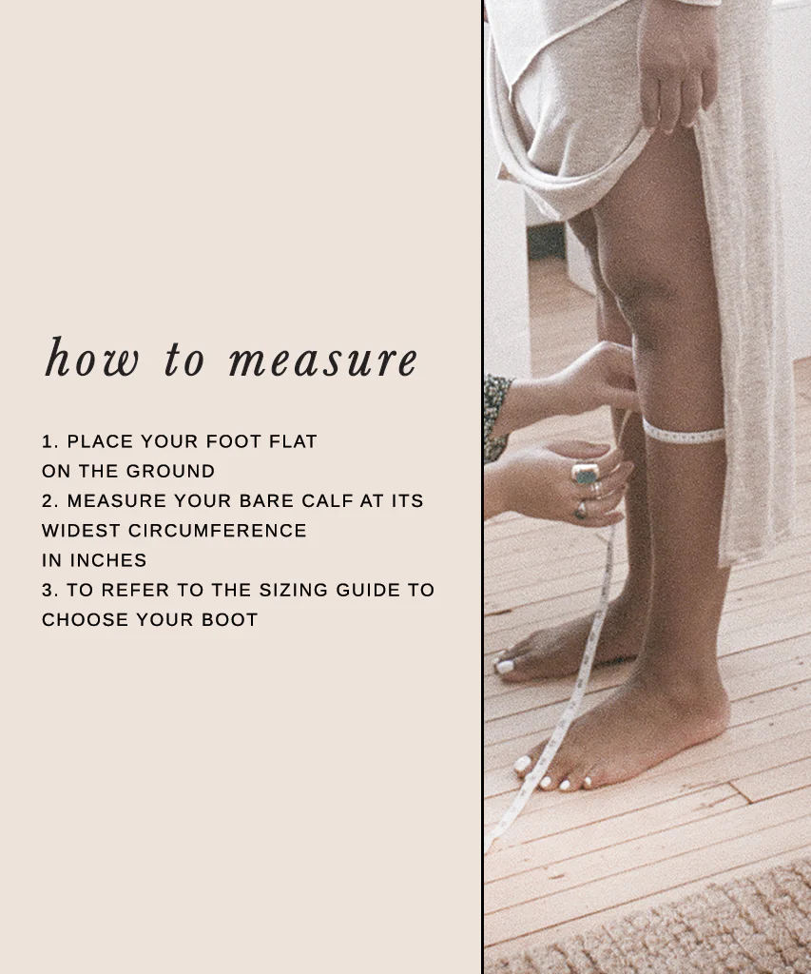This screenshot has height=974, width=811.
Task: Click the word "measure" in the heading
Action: coord(323,360)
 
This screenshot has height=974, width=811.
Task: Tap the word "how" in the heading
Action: coord(92,359)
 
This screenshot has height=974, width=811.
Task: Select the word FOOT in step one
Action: coord(240,441)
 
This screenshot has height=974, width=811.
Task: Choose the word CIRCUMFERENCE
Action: coord(218,530)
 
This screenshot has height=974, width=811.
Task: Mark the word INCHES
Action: coord(107,560)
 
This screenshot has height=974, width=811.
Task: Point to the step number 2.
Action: coord(48,500)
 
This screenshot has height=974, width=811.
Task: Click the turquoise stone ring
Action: coord(584,473)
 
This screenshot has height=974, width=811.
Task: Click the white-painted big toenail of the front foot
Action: coord(523,764)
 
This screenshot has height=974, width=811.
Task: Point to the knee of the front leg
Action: coord(656,295)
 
